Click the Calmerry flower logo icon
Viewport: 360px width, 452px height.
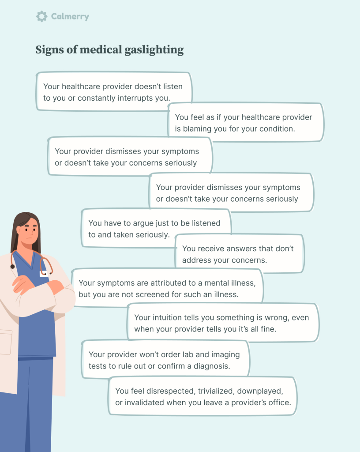tap(41, 17)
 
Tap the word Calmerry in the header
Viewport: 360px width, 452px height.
tap(70, 17)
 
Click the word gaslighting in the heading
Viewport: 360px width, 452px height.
tap(156, 50)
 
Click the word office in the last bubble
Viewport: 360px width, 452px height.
tap(280, 403)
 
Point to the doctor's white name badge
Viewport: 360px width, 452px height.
tap(45, 274)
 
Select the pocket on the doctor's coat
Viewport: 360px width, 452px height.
tap(5, 342)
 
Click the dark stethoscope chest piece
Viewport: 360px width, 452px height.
tap(13, 266)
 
